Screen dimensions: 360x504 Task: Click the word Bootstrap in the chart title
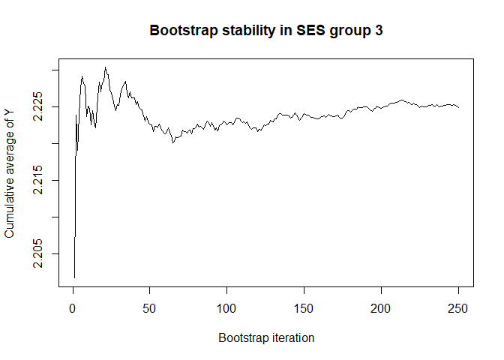180,31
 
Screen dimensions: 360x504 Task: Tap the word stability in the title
242,31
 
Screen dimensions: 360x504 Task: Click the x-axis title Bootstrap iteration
266,338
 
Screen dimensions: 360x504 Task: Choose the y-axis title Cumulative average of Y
10,172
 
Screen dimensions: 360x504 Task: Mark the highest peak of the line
106,67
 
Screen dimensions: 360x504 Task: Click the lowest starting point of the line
74,277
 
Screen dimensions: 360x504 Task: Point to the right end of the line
458,108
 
